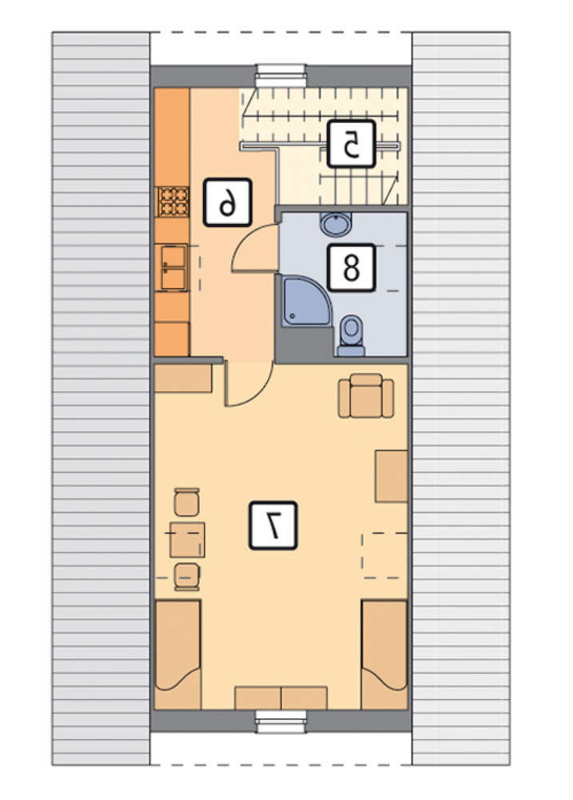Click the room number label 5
pos(352,143)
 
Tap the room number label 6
pos(228,202)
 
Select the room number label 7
pos(273,526)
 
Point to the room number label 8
pos(352,267)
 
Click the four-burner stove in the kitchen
pos(173,202)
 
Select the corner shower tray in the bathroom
pos(307,301)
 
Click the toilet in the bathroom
pos(352,335)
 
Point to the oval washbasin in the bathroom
pos(336,224)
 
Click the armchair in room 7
pos(366,396)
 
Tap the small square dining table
pos(187,540)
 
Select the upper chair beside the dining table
pos(186,502)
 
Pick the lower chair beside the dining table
pos(186,577)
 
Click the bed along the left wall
pos(178,654)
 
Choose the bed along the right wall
pos(384,654)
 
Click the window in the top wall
pos(281,75)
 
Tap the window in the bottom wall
pos(281,722)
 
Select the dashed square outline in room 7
pos(385,555)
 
